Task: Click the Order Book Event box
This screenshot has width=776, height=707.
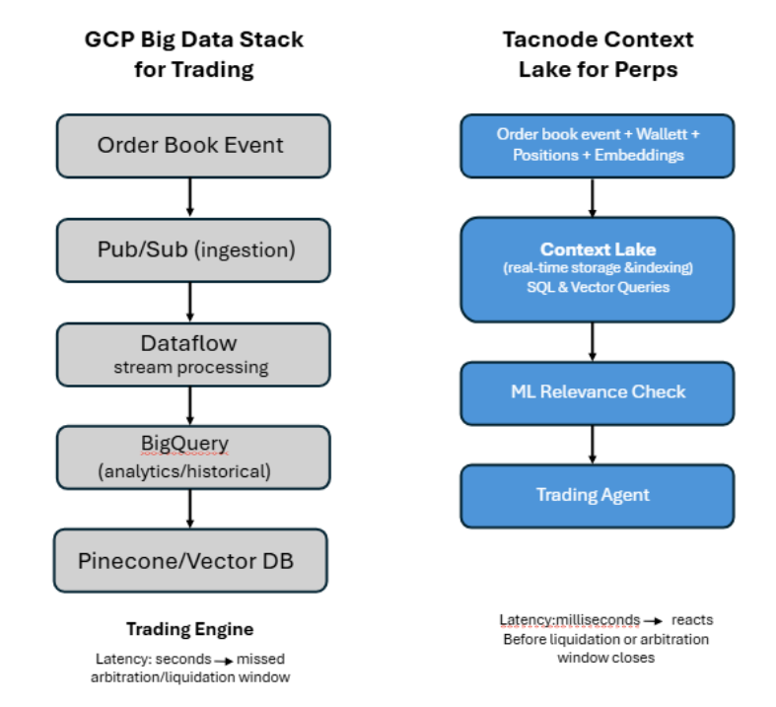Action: pos(190,146)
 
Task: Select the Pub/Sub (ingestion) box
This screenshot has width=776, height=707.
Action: pos(190,250)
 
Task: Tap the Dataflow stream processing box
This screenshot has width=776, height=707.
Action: pos(190,355)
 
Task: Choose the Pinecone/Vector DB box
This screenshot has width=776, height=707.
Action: pos(190,561)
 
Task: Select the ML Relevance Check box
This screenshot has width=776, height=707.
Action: pos(597,392)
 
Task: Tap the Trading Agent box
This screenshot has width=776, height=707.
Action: pos(597,495)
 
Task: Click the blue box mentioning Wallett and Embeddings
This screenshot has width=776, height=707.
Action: pos(597,145)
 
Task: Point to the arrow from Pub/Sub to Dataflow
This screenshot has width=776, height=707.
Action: pos(190,302)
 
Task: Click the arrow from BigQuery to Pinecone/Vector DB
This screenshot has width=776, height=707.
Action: pos(190,509)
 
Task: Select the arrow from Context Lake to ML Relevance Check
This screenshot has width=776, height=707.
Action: pos(593,341)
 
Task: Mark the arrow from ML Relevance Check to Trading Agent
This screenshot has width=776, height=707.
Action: pos(593,444)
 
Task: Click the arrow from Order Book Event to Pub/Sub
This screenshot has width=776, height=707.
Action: pos(190,198)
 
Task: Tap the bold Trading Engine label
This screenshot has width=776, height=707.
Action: pos(189,629)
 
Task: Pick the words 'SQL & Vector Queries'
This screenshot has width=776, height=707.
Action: pos(598,288)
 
